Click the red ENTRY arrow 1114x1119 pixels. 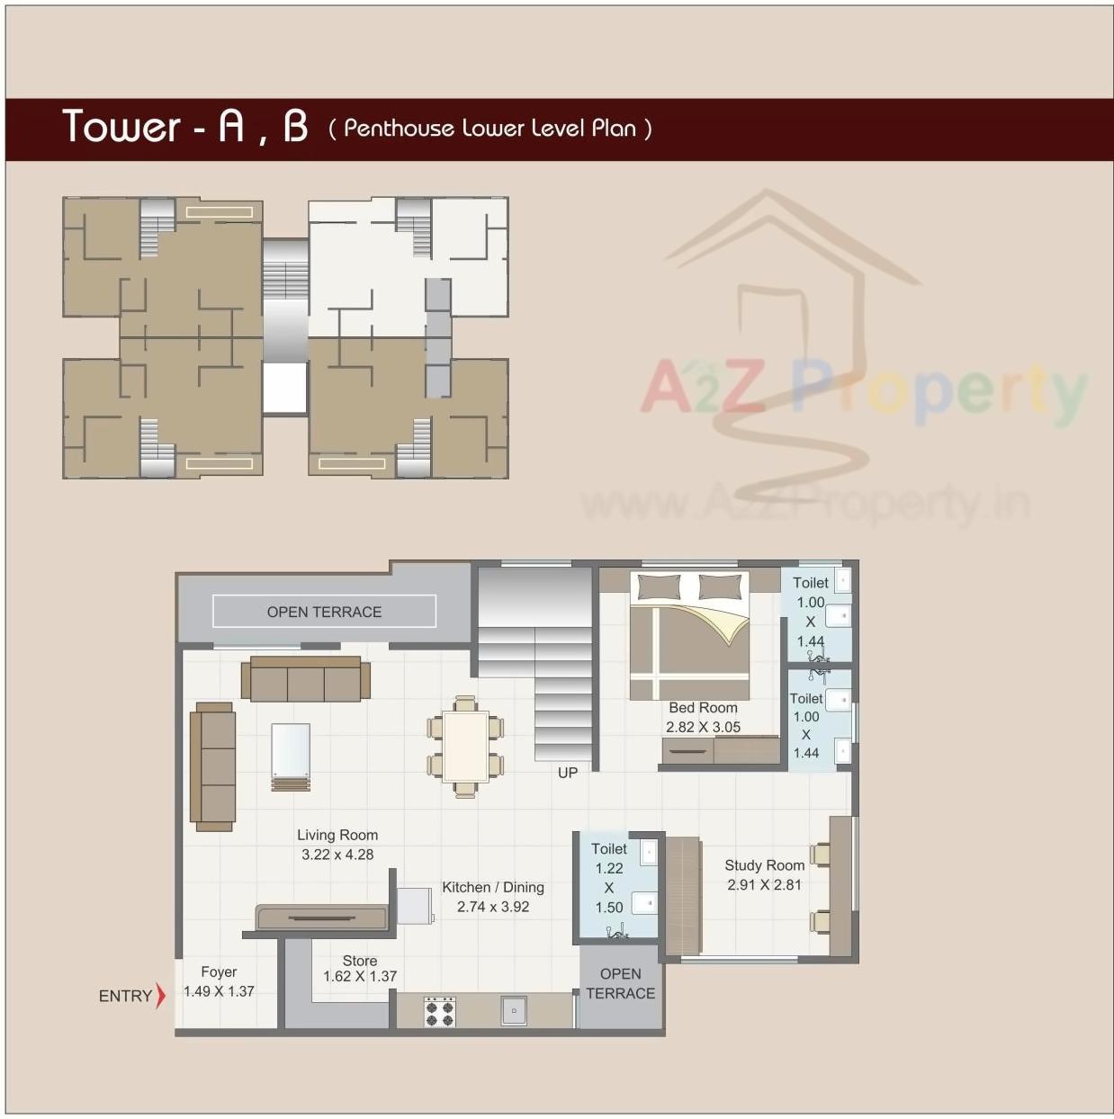tap(160, 995)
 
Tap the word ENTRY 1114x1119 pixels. tap(125, 996)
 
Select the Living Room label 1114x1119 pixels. tap(337, 835)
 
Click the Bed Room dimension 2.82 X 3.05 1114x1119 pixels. tap(703, 727)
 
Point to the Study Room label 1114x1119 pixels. tap(764, 865)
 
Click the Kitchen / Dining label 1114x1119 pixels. tap(492, 887)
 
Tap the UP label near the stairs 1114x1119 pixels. tap(567, 773)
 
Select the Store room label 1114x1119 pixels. tap(360, 961)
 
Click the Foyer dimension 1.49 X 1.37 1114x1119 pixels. tap(219, 991)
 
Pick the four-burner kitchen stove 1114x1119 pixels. tap(439, 1011)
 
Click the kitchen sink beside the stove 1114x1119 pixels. tap(514, 1010)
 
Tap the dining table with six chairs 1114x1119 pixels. tap(465, 747)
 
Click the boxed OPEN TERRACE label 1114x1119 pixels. tap(324, 612)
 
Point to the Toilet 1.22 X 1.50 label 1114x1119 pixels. tap(609, 878)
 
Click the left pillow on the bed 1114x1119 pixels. tap(659, 587)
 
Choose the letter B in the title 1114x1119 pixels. tap(295, 127)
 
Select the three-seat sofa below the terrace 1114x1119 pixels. tap(306, 679)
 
